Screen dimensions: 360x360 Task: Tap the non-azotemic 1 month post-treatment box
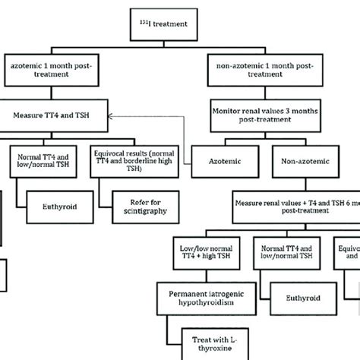point(274,73)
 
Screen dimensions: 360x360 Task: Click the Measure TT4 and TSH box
point(56,116)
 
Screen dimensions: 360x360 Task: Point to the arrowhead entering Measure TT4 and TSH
point(110,116)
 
